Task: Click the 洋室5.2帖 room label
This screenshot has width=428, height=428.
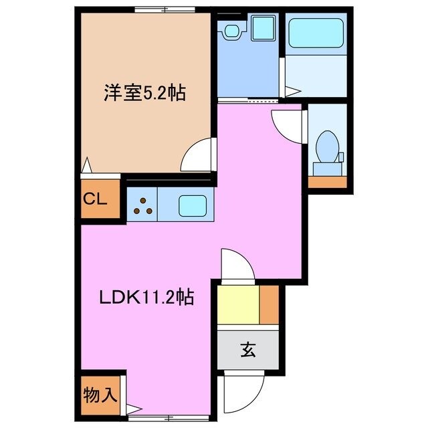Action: pos(144,92)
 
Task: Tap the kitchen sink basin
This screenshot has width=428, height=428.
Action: pos(193,203)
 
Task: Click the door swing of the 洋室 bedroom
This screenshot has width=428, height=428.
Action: pos(200,156)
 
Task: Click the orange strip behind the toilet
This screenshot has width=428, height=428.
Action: pos(327,182)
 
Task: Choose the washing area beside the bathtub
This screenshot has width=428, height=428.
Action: pos(315,77)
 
